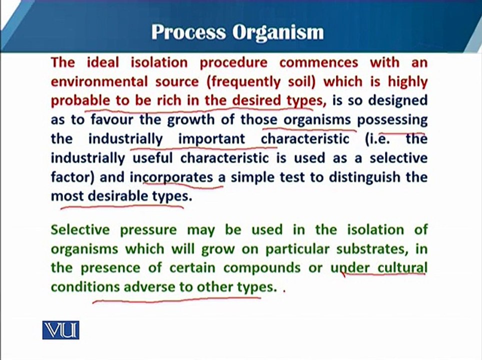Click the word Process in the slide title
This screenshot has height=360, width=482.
pyautogui.click(x=188, y=32)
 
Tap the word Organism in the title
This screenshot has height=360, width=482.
pyautogui.click(x=278, y=32)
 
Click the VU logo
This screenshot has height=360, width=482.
pyautogui.click(x=61, y=330)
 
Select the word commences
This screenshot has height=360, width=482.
pyautogui.click(x=319, y=62)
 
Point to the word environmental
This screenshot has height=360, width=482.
pyautogui.click(x=99, y=81)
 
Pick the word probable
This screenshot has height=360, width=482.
pyautogui.click(x=80, y=101)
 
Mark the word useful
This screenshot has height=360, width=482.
pyautogui.click(x=153, y=158)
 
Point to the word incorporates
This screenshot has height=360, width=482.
pyautogui.click(x=171, y=177)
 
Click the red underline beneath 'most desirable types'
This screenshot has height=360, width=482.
pyautogui.click(x=122, y=207)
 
